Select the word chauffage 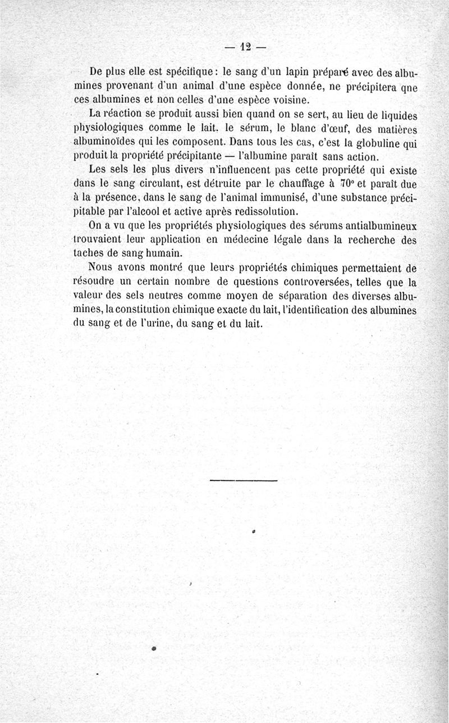pos(294,183)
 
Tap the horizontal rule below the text pos(243,480)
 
